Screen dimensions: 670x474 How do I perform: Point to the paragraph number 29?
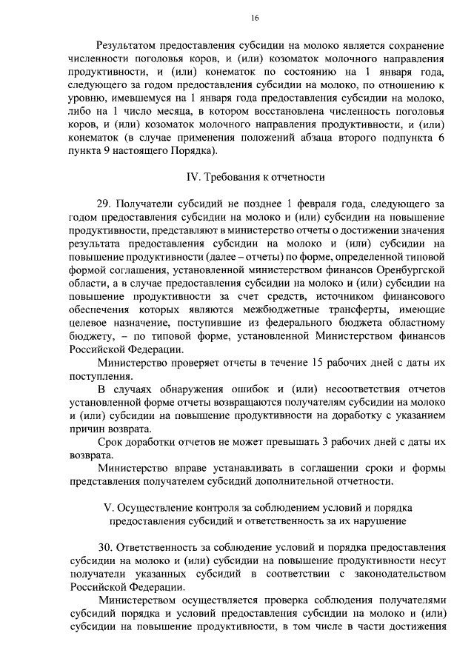106,205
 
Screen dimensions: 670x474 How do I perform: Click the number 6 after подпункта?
441,138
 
